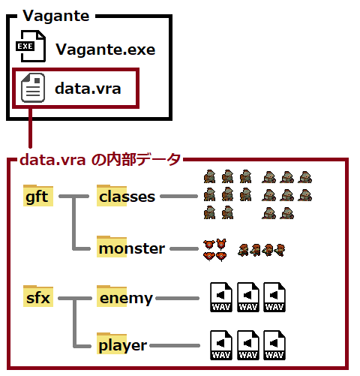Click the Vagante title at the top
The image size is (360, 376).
56,16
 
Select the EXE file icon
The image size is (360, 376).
31,46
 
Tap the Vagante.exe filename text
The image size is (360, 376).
106,50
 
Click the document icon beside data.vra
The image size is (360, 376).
33,88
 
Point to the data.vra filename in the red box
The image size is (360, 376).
88,89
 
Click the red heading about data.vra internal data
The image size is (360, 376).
100,159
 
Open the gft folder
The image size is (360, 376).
38,195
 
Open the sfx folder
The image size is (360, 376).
38,296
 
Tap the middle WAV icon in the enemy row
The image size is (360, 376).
248,297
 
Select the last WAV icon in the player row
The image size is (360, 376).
274,345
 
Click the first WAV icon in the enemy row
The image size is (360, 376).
221,297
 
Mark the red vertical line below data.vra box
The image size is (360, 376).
30,128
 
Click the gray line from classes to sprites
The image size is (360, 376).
179,197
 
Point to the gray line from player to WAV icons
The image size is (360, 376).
175,345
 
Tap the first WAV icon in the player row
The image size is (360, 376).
221,345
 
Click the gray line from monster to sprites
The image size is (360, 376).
184,248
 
